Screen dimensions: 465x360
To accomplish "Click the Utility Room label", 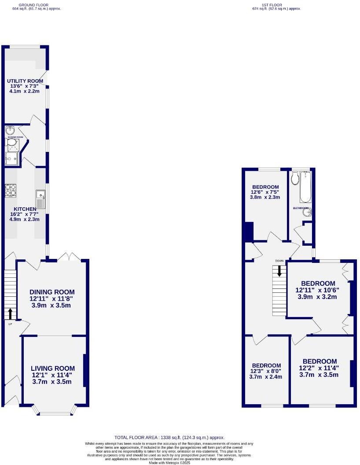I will click(25, 81).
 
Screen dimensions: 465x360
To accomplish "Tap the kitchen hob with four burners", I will click(11, 190).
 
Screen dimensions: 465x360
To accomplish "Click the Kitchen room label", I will click(25, 209).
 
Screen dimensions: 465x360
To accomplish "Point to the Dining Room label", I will click(52, 292).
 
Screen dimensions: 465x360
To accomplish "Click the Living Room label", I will click(53, 369).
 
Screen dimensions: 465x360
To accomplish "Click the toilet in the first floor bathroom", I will click(295, 177).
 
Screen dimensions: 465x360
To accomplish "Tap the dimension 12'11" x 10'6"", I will click(318, 290).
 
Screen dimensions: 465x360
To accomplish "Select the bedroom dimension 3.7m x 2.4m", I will click(266, 377).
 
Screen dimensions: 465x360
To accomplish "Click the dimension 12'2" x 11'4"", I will click(320, 368).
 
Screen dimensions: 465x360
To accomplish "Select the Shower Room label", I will click(14, 137).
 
